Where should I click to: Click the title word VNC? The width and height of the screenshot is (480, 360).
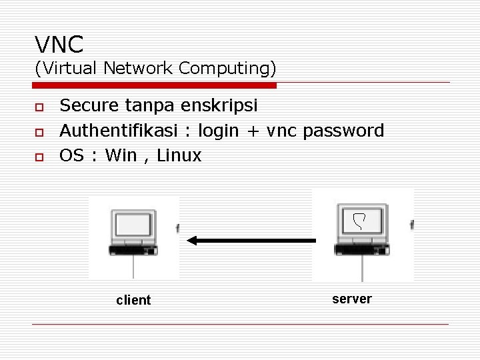[x=59, y=45]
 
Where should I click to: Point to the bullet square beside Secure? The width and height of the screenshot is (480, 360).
[x=39, y=107]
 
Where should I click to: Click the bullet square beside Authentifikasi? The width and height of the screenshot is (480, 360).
[x=39, y=131]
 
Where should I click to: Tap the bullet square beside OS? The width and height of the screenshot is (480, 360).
[x=39, y=157]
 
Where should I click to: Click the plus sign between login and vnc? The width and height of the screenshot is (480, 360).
[x=252, y=131]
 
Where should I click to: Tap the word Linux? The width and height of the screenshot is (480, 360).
[x=179, y=156]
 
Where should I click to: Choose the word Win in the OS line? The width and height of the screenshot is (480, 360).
[x=121, y=156]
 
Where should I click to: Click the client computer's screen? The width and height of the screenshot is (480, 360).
[x=133, y=225]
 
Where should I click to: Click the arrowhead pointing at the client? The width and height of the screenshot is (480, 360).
[x=192, y=241]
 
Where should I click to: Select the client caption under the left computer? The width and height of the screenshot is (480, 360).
[x=133, y=301]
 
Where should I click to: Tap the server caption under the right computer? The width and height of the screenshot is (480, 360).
[x=351, y=299]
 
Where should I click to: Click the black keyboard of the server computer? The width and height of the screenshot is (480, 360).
[x=362, y=250]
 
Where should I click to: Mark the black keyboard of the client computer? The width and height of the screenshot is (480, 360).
[x=133, y=250]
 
